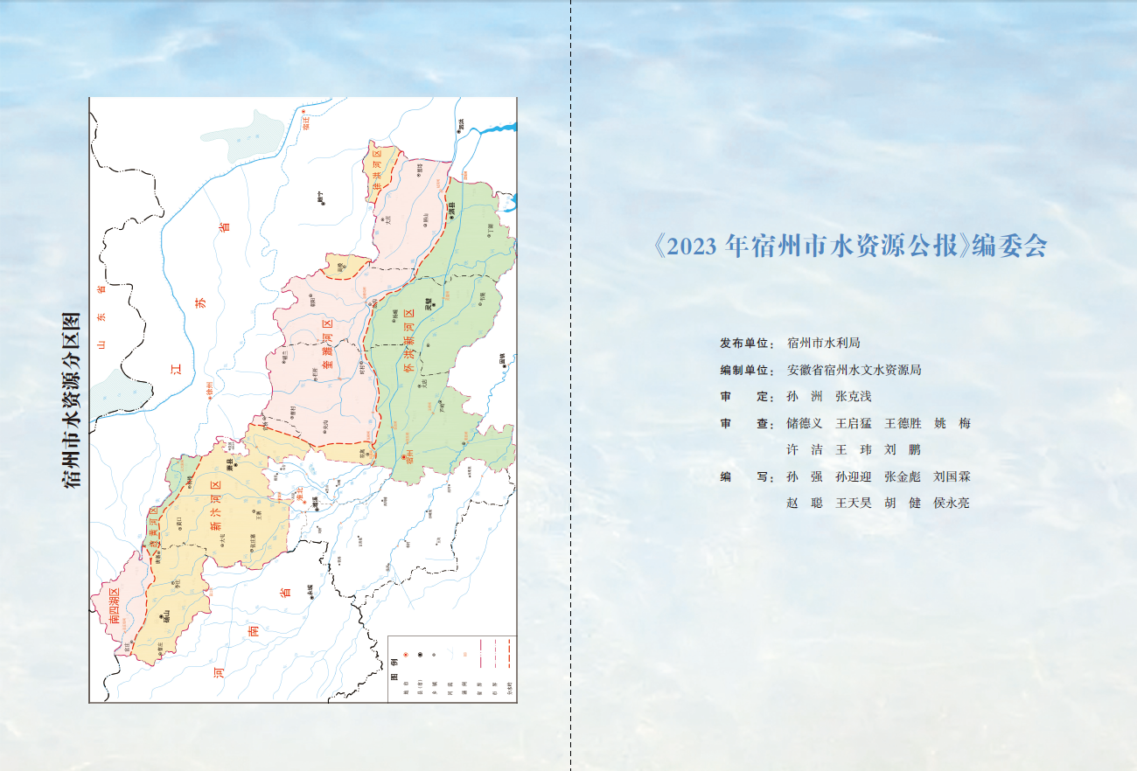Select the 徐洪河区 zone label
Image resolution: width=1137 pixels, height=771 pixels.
pyautogui.click(x=377, y=174)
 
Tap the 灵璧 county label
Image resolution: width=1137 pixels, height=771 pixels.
pyautogui.click(x=429, y=305)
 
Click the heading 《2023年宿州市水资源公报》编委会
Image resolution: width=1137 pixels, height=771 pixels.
pyautogui.click(x=850, y=247)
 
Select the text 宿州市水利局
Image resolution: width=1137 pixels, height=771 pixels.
pyautogui.click(x=823, y=344)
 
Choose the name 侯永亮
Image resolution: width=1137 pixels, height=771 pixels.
pyautogui.click(x=952, y=503)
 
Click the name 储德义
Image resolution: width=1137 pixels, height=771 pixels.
pyautogui.click(x=805, y=424)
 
